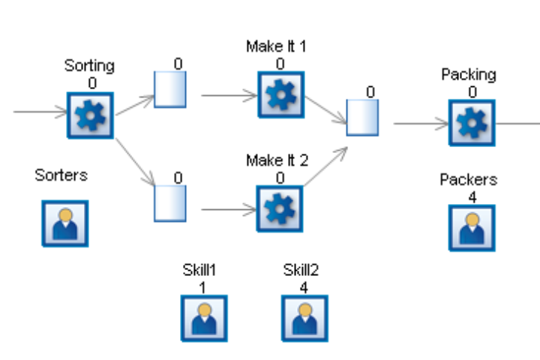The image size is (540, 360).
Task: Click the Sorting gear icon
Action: point(90,115)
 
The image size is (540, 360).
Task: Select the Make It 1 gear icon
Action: point(280,95)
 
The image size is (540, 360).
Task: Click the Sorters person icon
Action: point(65,223)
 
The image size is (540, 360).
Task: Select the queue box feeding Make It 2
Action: point(170,203)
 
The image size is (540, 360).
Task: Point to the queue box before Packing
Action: point(362,117)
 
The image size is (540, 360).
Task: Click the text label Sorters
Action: point(61,175)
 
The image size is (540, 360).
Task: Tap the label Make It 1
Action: point(276,46)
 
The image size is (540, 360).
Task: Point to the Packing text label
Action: point(469,74)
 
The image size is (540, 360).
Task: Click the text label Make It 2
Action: point(276,160)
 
